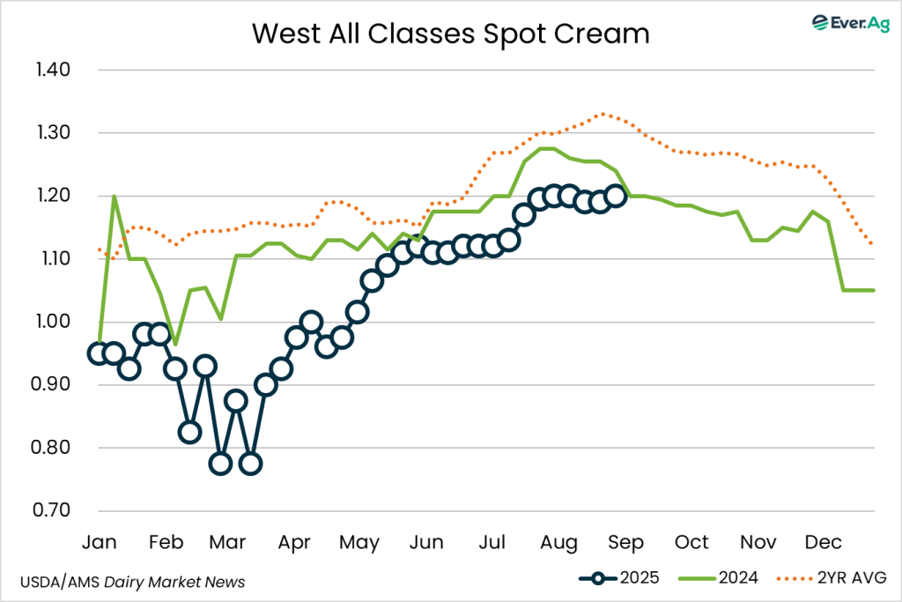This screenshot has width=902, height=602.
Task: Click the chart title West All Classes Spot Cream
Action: click(450, 33)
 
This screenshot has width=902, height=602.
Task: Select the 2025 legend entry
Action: click(616, 578)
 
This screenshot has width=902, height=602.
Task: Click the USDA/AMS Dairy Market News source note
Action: click(132, 582)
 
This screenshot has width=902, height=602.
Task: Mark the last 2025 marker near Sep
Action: click(616, 196)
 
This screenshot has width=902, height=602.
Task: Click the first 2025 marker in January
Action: click(99, 353)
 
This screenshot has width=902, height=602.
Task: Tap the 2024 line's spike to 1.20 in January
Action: click(114, 196)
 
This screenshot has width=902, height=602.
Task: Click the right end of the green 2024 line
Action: click(874, 290)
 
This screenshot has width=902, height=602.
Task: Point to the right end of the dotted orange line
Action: click(872, 245)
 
